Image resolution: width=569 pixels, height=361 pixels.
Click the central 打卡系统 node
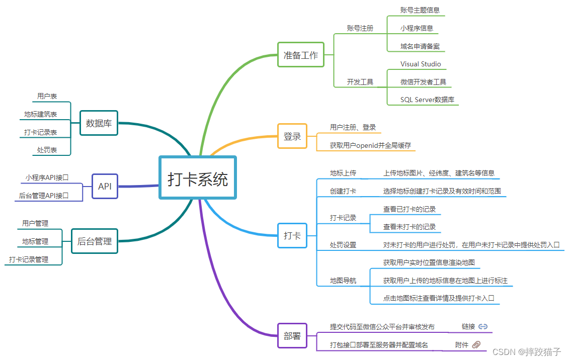click(x=197, y=178)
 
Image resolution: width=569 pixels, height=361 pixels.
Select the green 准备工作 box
click(x=301, y=55)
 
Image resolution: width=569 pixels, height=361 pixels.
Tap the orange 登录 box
click(x=292, y=136)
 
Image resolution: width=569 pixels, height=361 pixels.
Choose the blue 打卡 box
click(x=292, y=235)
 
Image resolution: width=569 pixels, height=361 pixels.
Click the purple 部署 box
click(x=292, y=335)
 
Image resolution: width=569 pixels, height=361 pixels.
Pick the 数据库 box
click(x=99, y=123)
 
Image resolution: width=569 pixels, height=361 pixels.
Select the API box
click(x=105, y=186)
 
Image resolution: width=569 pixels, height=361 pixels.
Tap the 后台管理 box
click(x=95, y=241)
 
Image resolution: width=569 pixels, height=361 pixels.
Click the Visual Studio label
click(x=421, y=64)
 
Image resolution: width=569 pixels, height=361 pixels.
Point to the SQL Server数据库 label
click(x=427, y=100)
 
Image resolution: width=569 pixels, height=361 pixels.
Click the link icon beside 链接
click(x=483, y=326)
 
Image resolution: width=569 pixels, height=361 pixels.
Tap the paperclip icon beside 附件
click(x=476, y=344)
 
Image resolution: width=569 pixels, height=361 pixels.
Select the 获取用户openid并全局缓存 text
click(x=370, y=145)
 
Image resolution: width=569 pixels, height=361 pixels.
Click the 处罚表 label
click(x=47, y=150)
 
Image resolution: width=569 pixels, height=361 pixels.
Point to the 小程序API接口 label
click(x=47, y=177)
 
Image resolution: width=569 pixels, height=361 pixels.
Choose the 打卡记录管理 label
click(x=29, y=259)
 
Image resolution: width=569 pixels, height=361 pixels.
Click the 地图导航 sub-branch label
click(x=343, y=281)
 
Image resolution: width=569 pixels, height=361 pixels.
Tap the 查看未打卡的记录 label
click(x=410, y=227)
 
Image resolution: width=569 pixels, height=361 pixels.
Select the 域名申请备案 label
click(x=420, y=46)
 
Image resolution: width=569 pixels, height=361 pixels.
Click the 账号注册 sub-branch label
click(x=360, y=28)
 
